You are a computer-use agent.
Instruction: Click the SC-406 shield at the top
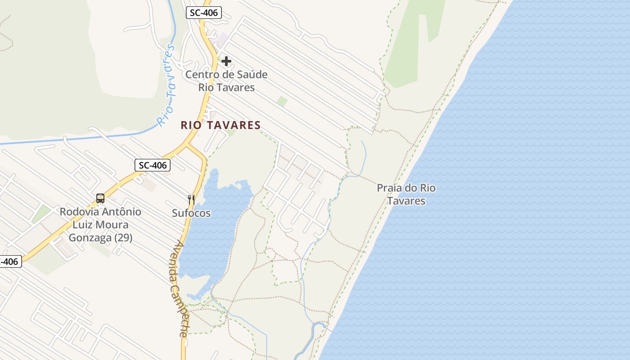pos(204,13)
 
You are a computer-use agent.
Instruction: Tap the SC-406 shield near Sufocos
pos(153,165)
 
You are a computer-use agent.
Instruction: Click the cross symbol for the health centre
pos(226,61)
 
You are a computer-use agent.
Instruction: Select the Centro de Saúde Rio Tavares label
pos(226,81)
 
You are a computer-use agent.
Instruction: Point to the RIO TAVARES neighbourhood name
pos(220,125)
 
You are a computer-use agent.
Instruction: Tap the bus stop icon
pos(100,198)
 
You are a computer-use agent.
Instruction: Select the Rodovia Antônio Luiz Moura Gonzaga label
pos(100,225)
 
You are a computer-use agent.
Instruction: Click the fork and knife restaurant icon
pos(191,199)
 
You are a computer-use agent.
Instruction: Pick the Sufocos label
pos(191,213)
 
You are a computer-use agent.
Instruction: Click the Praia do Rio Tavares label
pos(406,194)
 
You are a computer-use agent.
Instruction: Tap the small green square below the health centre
pos(282,101)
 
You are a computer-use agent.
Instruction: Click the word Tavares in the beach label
pos(406,201)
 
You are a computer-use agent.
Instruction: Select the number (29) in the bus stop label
pos(123,238)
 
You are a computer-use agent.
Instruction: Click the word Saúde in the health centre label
pos(252,75)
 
